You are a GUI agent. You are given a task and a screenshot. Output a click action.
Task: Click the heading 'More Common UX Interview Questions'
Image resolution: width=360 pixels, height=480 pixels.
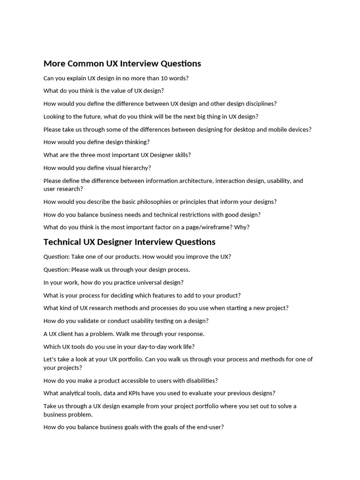click(x=122, y=64)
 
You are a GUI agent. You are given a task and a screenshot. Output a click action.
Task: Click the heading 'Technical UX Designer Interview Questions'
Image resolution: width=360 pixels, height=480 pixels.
click(x=129, y=242)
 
